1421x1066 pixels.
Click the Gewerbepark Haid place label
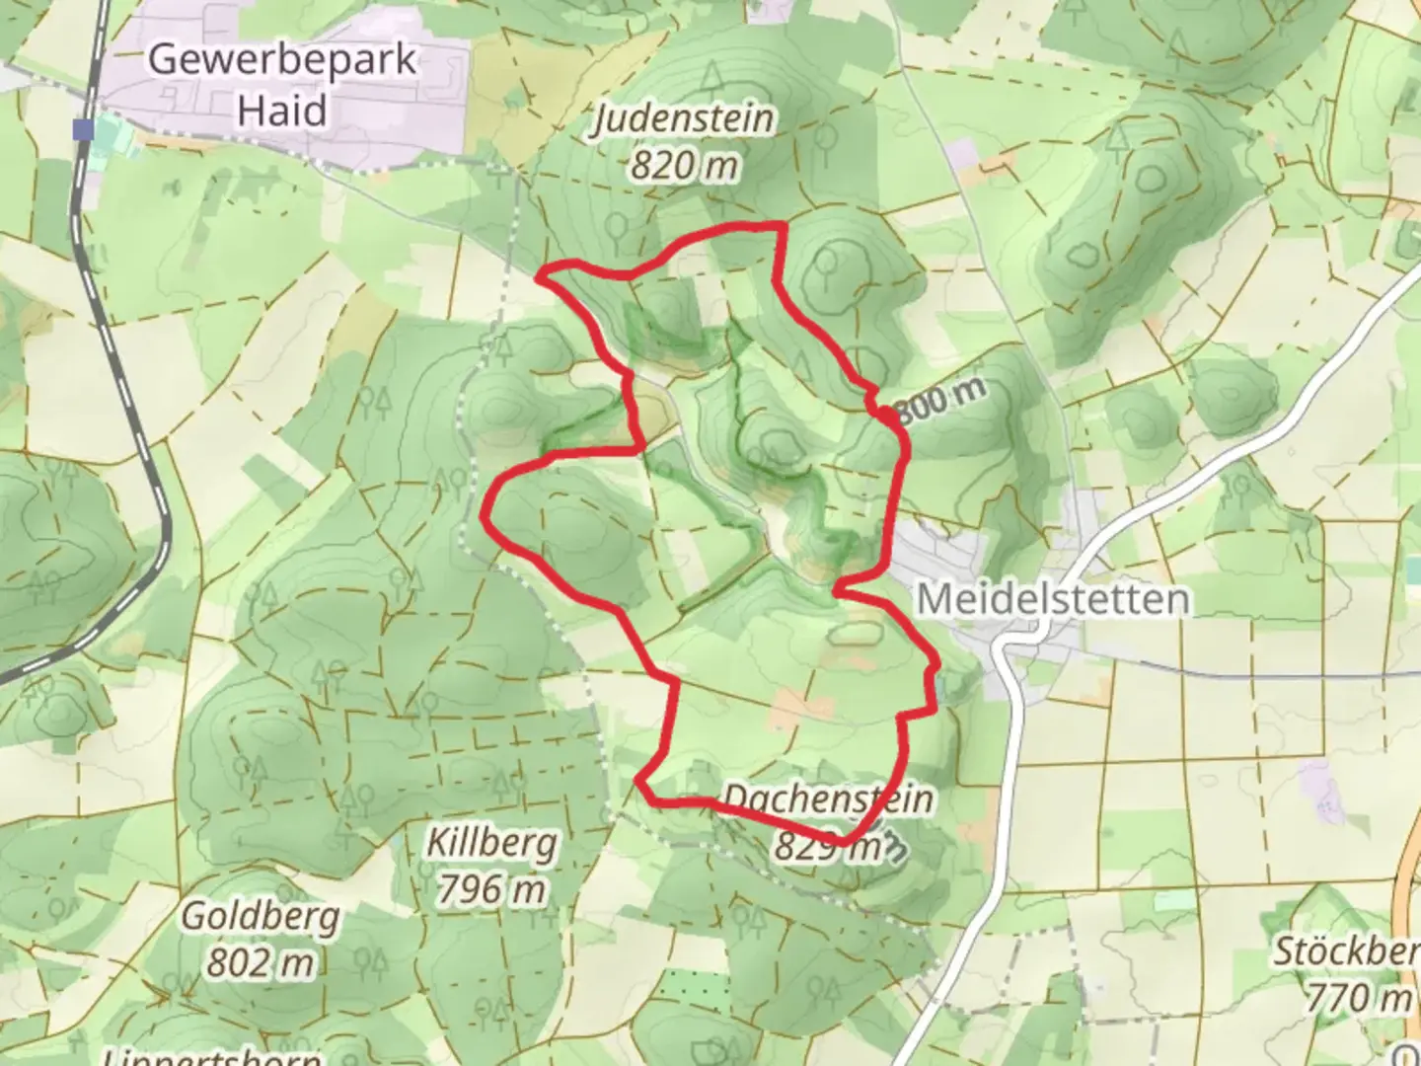(282, 84)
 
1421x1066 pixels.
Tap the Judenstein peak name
(684, 119)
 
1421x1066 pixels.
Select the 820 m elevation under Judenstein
(684, 165)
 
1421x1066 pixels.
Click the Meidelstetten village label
(1053, 599)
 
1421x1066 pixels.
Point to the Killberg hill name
(491, 844)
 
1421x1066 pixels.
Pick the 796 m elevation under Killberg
(491, 889)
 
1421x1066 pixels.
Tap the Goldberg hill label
(261, 916)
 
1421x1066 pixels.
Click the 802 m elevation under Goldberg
(261, 960)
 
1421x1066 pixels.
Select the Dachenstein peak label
(828, 798)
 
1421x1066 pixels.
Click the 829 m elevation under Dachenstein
(828, 845)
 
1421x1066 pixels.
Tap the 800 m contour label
(942, 399)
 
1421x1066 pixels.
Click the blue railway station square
(84, 128)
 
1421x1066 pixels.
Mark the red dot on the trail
(890, 419)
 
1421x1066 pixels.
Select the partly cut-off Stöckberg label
(1346, 952)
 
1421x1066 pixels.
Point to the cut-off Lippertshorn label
(212, 1056)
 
